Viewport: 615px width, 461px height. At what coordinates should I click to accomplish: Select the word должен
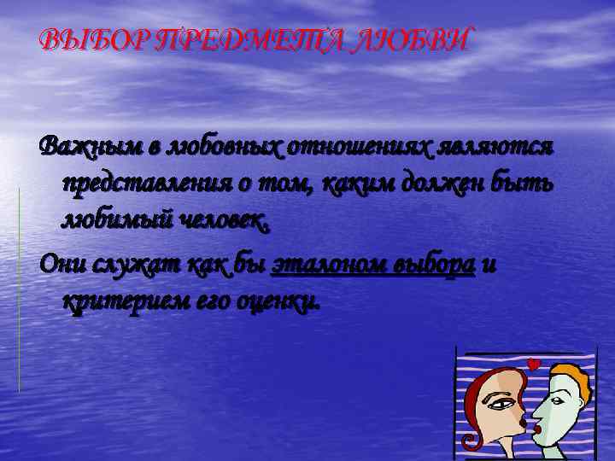(432, 185)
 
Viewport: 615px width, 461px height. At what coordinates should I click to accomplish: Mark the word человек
(221, 223)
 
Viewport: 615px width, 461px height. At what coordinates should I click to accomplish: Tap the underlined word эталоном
(331, 265)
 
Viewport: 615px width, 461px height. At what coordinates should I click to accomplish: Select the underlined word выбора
(436, 265)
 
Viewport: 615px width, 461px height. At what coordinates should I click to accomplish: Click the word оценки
(283, 302)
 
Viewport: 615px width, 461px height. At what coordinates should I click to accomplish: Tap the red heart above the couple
(535, 365)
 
